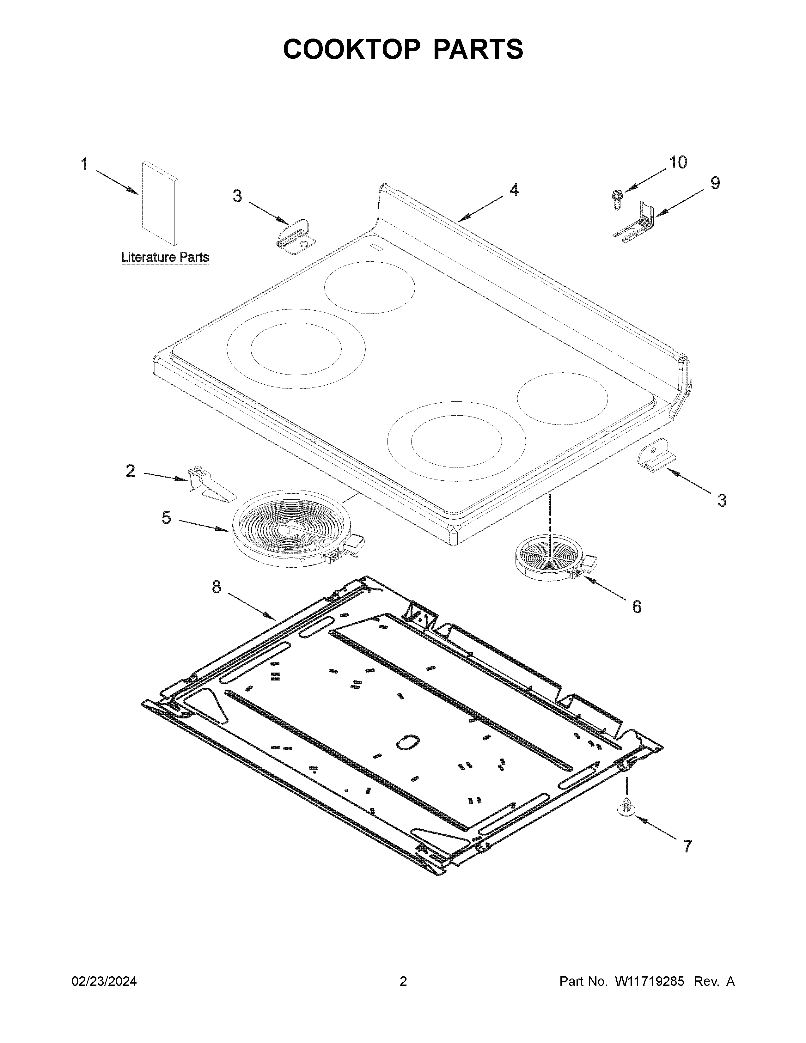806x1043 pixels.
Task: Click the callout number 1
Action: [84, 165]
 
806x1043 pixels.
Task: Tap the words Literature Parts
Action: [165, 257]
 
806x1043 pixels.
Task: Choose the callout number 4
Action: [514, 190]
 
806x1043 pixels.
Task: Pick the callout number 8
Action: [217, 587]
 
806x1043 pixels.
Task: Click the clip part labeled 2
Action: [209, 486]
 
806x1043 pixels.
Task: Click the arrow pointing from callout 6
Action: [604, 589]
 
